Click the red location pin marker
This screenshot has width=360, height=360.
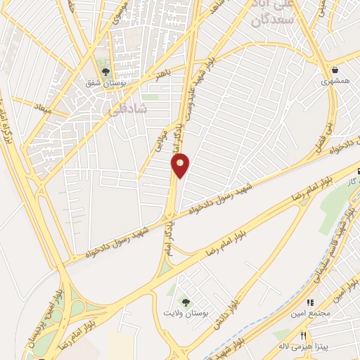(x=181, y=166)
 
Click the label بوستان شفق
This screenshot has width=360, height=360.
(x=104, y=84)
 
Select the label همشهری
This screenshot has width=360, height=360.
(x=335, y=82)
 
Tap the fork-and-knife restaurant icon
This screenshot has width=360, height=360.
(x=304, y=335)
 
